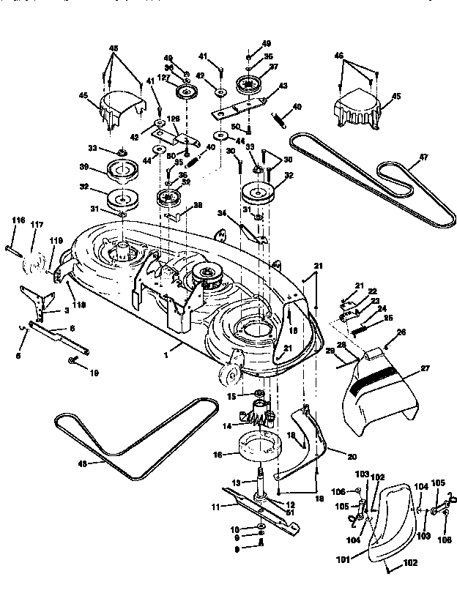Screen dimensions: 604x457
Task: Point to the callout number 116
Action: (18, 220)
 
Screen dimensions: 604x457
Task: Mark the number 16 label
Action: (218, 454)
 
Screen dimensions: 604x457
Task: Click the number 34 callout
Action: (221, 213)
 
